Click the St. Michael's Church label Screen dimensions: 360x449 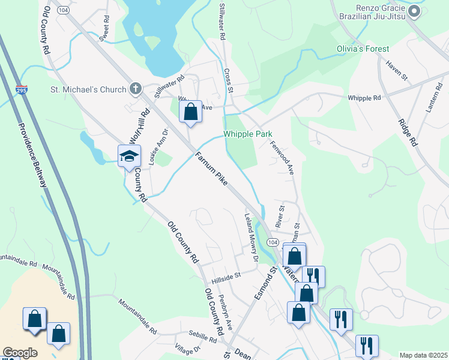click(x=88, y=90)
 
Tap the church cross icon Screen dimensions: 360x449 click(x=136, y=89)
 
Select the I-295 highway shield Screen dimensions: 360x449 click(x=22, y=89)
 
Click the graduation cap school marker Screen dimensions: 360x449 click(x=129, y=157)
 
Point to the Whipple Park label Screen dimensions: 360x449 click(x=248, y=134)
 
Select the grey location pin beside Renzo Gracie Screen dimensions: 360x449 click(x=414, y=11)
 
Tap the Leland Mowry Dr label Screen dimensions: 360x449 click(x=250, y=238)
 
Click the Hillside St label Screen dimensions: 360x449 click(x=226, y=277)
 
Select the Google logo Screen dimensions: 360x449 click(x=20, y=353)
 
